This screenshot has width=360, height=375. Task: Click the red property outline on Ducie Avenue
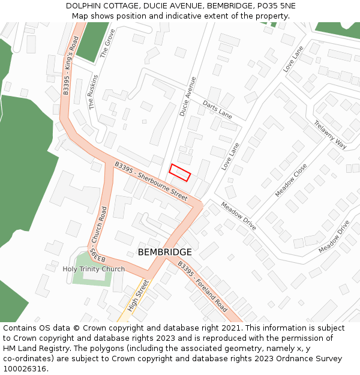[x=179, y=172]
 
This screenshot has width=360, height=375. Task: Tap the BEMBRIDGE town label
[x=165, y=253]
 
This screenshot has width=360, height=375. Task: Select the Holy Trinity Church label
[x=94, y=269]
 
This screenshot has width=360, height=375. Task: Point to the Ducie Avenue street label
[x=188, y=96]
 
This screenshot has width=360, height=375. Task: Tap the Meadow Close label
[x=291, y=180]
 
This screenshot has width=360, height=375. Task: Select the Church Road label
[x=104, y=224]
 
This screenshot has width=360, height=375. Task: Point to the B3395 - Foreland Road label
[x=202, y=286]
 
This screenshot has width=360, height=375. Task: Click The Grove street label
[x=107, y=43]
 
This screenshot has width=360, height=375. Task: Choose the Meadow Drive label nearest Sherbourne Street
[x=239, y=215]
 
